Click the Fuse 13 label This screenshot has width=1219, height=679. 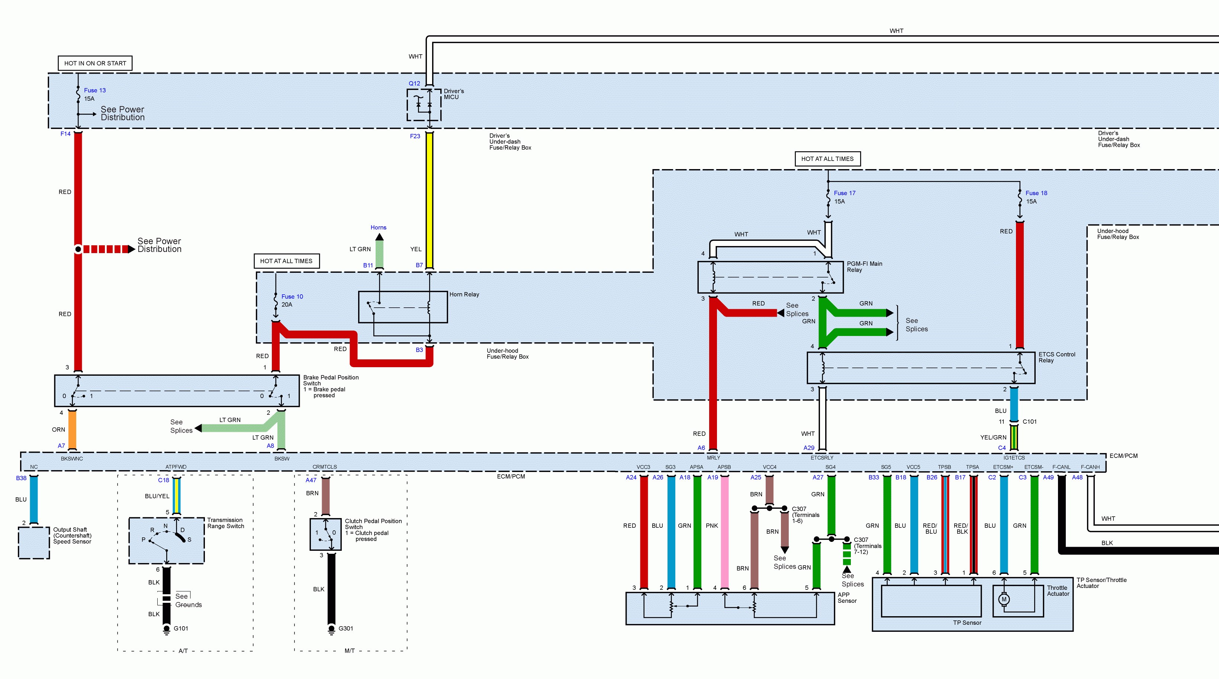(x=95, y=90)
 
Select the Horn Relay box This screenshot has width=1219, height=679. (x=403, y=307)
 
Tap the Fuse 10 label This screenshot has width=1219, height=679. (x=292, y=297)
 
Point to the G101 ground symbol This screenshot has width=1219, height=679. (x=167, y=629)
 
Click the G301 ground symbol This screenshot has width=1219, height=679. (x=332, y=629)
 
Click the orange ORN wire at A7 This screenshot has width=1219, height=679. (x=73, y=429)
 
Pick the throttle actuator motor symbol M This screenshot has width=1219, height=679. (x=1004, y=599)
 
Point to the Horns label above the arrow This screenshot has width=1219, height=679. (x=378, y=227)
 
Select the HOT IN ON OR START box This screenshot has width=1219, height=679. (x=95, y=63)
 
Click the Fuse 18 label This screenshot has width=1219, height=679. (x=1036, y=193)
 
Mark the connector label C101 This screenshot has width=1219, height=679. (x=1029, y=421)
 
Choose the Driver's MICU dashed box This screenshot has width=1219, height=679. (x=424, y=104)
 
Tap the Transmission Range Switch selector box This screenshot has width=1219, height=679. (x=167, y=540)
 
